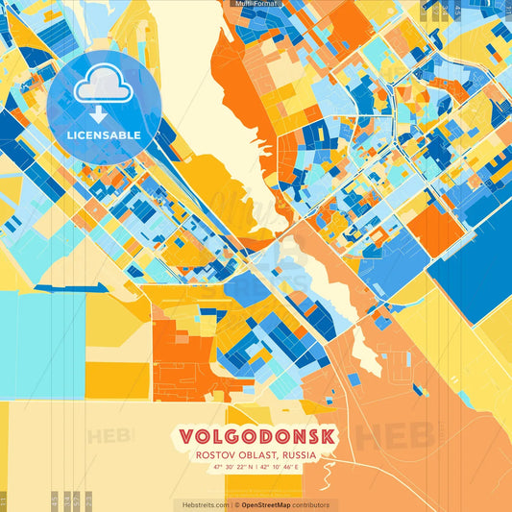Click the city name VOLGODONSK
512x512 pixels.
[256, 436]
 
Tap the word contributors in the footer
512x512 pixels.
[311, 504]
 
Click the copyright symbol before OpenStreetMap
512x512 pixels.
[236, 504]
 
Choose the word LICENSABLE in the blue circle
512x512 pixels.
[104, 135]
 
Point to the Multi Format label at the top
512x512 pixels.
[256, 4]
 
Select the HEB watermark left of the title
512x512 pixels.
[110, 435]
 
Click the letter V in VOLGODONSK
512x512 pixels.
[187, 436]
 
